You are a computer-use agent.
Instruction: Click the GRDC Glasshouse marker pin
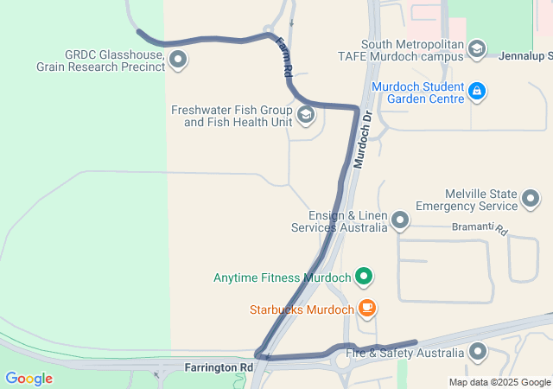(x=178, y=59)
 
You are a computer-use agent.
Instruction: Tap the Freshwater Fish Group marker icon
(x=305, y=115)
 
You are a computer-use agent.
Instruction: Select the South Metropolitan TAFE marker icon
(x=477, y=49)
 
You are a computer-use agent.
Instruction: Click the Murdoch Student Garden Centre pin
(x=477, y=91)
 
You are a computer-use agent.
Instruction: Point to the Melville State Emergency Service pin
(x=530, y=201)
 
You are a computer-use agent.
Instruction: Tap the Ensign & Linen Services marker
(x=399, y=221)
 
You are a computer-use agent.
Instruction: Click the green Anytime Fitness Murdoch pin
(x=365, y=277)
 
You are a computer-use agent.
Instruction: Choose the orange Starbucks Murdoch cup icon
(x=367, y=308)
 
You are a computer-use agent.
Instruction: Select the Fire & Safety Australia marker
(x=478, y=352)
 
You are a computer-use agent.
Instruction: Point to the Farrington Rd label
(x=219, y=367)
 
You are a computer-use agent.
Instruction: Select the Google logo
(x=29, y=378)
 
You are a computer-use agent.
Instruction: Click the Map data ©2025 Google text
(x=499, y=382)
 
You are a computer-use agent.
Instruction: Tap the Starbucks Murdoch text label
(x=302, y=309)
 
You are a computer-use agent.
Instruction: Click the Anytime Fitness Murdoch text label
(x=282, y=278)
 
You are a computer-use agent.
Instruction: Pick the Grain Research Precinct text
(x=100, y=66)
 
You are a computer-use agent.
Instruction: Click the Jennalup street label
(x=525, y=55)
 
